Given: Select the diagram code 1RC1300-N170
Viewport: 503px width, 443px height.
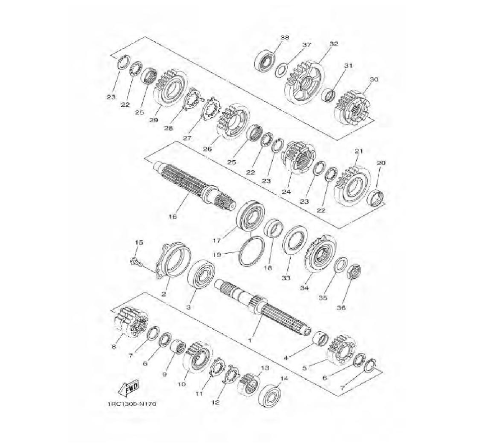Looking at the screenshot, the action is [x=132, y=404].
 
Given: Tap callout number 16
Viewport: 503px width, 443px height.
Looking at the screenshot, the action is [x=173, y=216].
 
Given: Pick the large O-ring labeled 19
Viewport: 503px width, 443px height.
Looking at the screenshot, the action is [x=253, y=250].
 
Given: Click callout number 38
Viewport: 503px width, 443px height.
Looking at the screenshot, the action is [x=285, y=38].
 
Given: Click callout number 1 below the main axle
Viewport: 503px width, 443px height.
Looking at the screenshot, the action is [x=250, y=339].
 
